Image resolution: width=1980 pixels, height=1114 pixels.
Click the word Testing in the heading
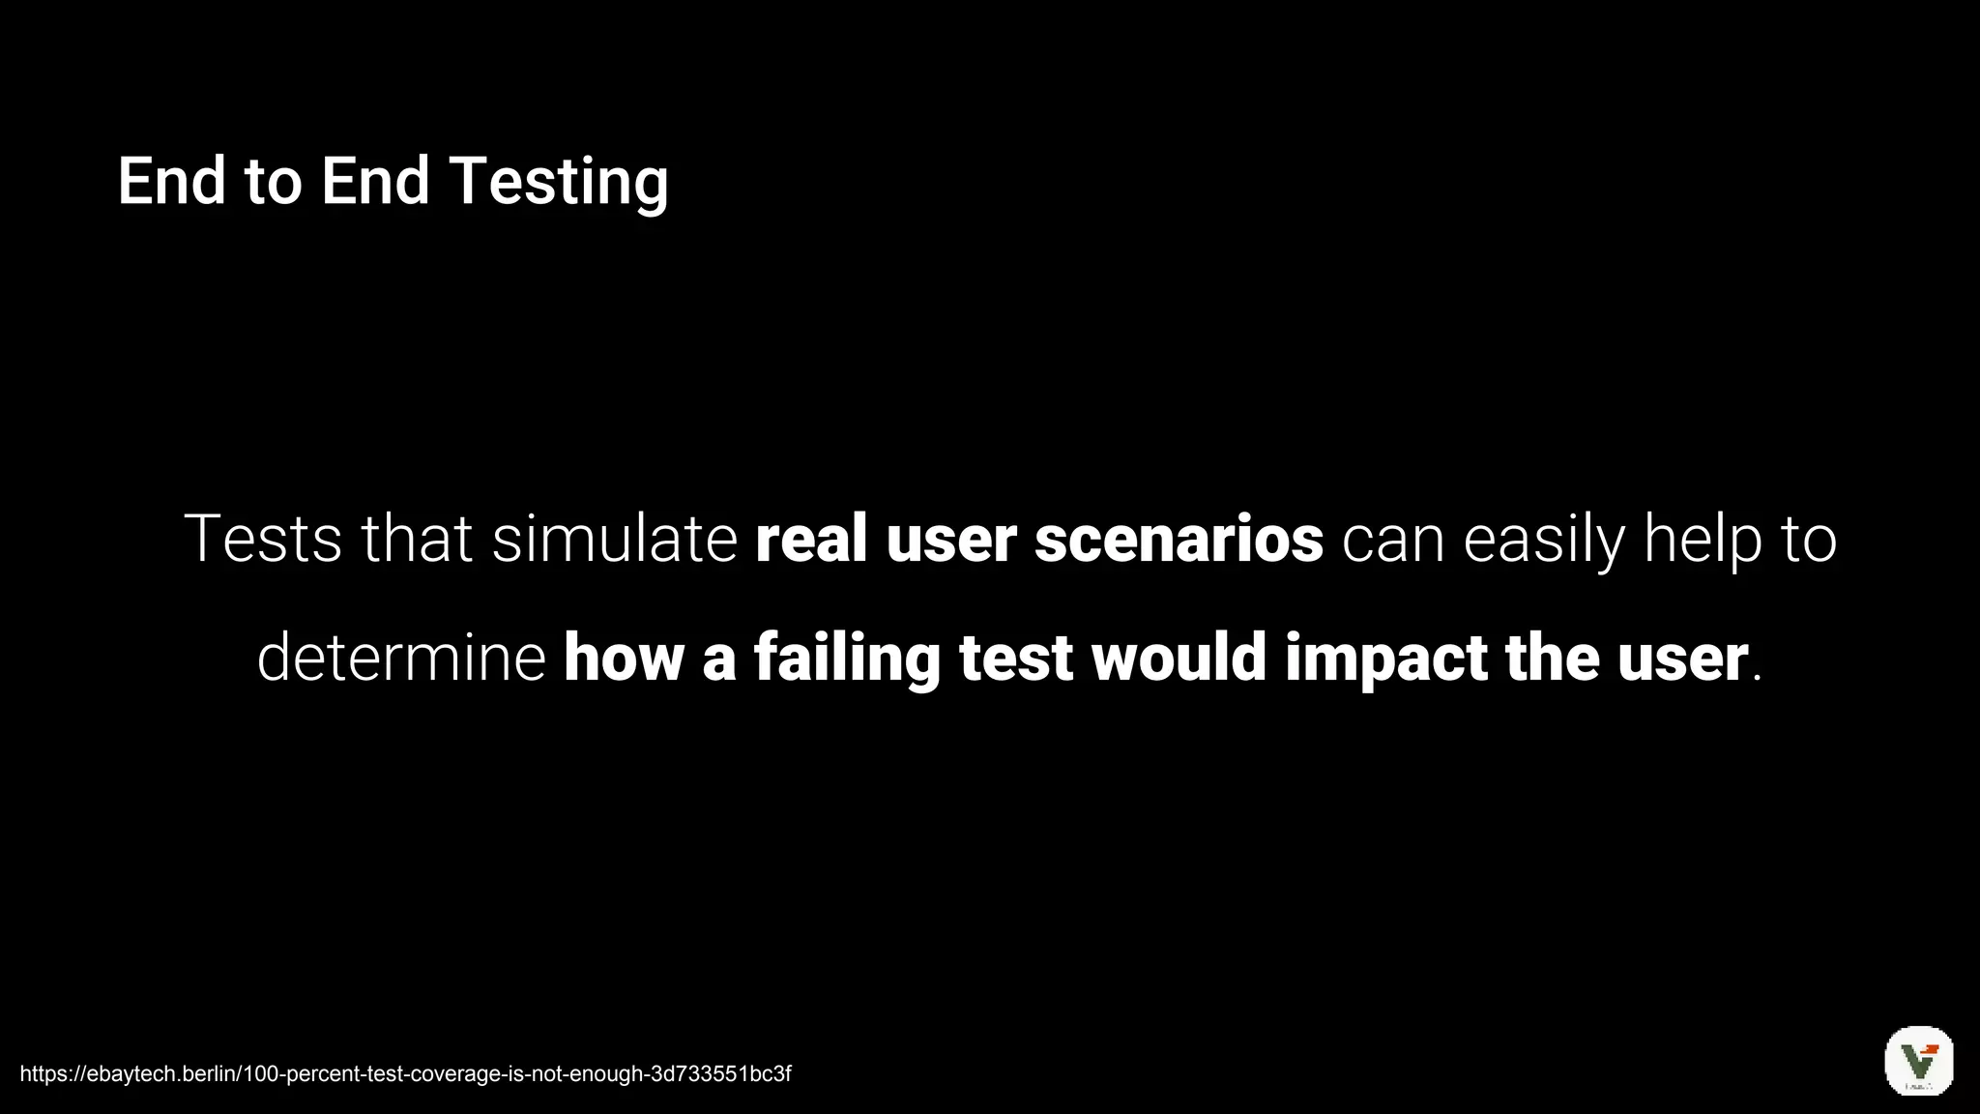pyautogui.click(x=559, y=182)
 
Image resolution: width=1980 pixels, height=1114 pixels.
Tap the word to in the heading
pyautogui.click(x=274, y=182)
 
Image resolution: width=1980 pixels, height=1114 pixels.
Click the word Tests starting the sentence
pyautogui.click(x=262, y=539)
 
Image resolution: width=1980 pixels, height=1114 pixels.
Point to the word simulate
pyautogui.click(x=615, y=539)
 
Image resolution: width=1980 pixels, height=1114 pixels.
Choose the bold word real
pyautogui.click(x=811, y=539)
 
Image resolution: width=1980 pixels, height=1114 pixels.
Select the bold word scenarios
pyautogui.click(x=1179, y=539)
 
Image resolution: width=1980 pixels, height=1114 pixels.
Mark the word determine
pyautogui.click(x=401, y=658)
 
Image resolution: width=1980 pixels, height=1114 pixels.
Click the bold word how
pyautogui.click(x=624, y=658)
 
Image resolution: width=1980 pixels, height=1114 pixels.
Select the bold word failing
pyautogui.click(x=847, y=658)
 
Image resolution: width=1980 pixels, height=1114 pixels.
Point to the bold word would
pyautogui.click(x=1179, y=658)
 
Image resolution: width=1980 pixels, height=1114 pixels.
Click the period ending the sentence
pyautogui.click(x=1757, y=676)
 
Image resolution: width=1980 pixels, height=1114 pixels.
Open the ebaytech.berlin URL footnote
pyautogui.click(x=405, y=1073)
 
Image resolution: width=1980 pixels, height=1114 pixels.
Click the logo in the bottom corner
pyautogui.click(x=1919, y=1061)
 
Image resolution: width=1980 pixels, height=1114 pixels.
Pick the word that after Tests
pyautogui.click(x=417, y=539)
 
